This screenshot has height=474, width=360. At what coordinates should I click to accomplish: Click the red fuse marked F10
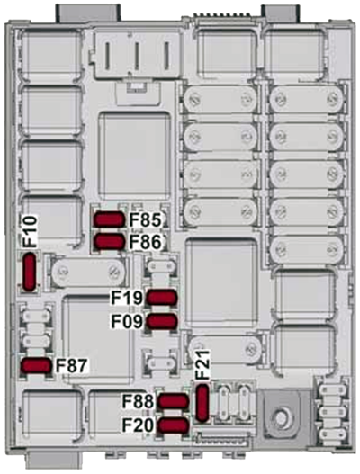[x=30, y=270]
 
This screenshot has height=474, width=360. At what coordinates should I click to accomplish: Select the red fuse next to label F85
[x=110, y=219]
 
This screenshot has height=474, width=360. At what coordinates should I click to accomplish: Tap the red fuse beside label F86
[x=110, y=241]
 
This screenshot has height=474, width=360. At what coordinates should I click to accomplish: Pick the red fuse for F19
[x=162, y=299]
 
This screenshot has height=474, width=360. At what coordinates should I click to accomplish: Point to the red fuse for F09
[x=162, y=321]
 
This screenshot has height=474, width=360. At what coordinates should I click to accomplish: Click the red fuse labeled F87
[x=37, y=365]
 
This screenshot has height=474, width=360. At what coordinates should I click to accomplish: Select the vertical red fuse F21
[x=202, y=400]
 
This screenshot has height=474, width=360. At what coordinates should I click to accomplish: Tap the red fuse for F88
[x=172, y=401]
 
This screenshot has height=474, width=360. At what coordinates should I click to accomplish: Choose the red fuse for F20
[x=172, y=425]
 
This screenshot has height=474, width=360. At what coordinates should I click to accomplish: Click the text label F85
[x=144, y=219]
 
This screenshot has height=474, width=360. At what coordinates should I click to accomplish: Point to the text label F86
[x=144, y=241]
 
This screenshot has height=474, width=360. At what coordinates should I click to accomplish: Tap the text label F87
[x=72, y=365]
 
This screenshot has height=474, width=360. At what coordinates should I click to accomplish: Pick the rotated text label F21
[x=202, y=363]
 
